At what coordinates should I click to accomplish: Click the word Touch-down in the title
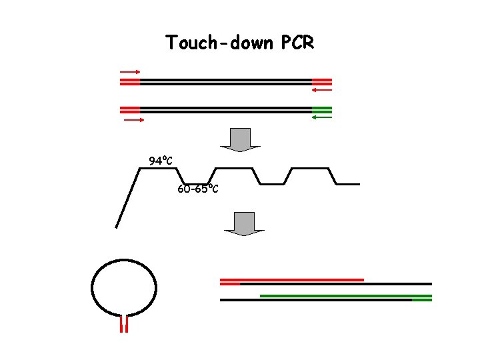coord(219,43)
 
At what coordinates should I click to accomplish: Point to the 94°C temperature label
coord(161,161)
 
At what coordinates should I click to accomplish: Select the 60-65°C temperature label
coord(198,189)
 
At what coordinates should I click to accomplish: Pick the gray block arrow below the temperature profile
coord(244,223)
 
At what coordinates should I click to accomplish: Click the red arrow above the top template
coord(129,71)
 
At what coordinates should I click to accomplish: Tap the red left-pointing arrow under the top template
coord(322,89)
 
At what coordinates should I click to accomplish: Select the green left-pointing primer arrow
coord(322,117)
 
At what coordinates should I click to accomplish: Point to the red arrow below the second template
coord(134,120)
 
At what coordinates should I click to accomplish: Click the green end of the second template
coord(322,109)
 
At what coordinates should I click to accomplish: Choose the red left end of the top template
coord(130,82)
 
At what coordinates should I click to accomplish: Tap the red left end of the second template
coord(130,109)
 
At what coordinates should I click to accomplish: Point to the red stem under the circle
coord(123,324)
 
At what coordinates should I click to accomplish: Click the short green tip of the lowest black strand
coord(422,300)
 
